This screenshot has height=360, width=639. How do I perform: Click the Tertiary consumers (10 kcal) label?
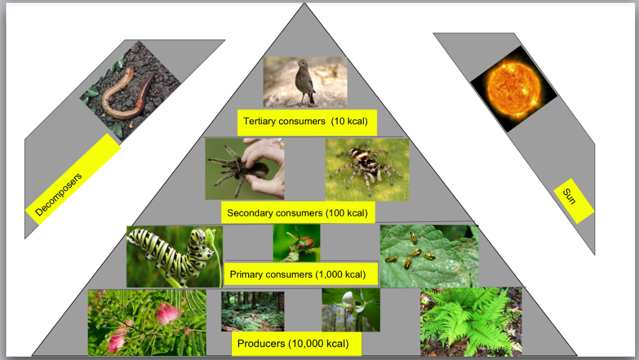coord(306,121)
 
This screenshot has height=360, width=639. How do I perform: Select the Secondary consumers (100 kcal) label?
coord(297,213)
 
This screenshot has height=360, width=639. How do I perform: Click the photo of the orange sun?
coord(514,89)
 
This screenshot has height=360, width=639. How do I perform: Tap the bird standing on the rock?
coord(307,82)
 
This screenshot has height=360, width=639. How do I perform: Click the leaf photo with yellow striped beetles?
coord(429,256)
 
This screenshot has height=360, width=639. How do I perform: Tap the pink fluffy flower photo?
coord(146,322)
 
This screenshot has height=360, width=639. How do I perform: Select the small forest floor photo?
coord(252,310)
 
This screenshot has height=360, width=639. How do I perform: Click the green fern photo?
coord(470,322)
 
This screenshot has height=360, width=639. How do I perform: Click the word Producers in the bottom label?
coord(262,343)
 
